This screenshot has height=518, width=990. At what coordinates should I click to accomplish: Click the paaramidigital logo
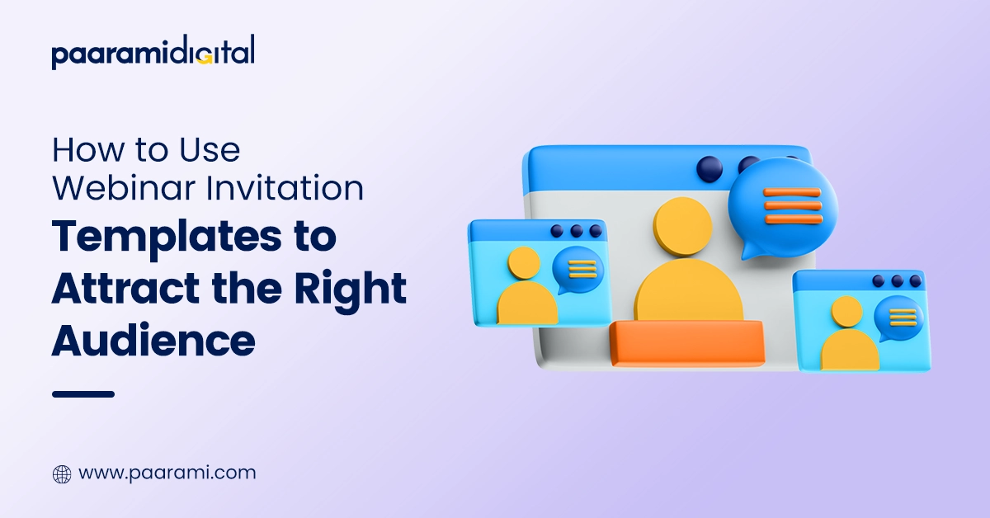(x=153, y=53)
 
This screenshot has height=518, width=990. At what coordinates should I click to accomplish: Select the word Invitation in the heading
(x=295, y=188)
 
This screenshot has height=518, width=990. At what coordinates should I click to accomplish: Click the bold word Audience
(x=153, y=340)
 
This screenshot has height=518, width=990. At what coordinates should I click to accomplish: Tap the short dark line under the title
(x=82, y=394)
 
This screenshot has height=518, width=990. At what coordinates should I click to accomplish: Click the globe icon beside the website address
(x=62, y=474)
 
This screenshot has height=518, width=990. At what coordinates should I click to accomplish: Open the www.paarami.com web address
(x=167, y=473)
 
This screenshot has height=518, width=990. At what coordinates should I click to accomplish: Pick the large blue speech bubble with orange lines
(x=782, y=204)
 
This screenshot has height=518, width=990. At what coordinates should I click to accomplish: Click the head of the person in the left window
(x=524, y=263)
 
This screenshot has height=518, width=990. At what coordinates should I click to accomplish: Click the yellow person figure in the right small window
(x=848, y=334)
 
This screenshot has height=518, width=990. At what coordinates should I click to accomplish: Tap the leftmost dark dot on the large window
(x=709, y=168)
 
